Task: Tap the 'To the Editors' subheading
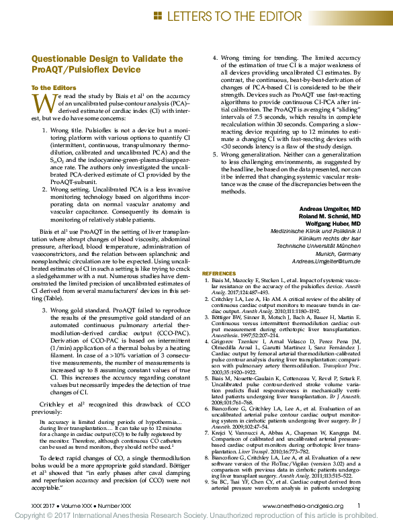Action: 54,87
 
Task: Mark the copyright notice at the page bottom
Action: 196,516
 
